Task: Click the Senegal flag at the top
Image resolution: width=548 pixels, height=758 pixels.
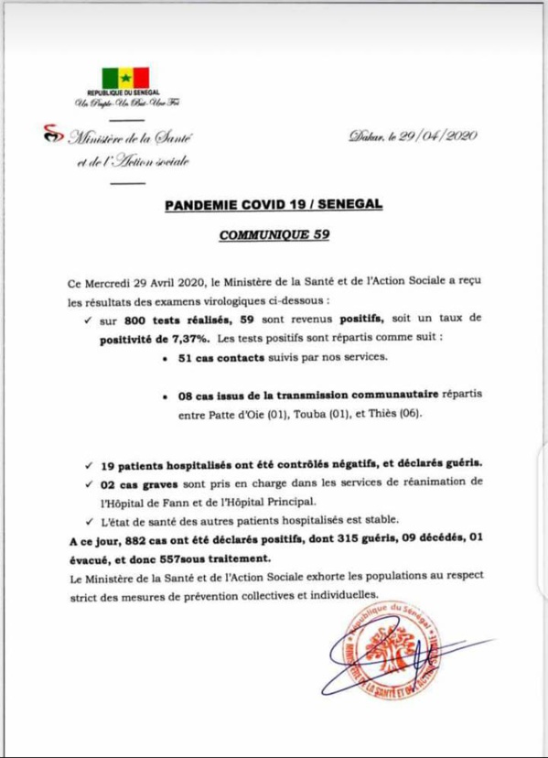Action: (125, 78)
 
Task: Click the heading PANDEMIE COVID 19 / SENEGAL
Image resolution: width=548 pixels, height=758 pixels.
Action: (274, 207)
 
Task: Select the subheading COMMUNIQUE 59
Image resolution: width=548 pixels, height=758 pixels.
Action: (274, 234)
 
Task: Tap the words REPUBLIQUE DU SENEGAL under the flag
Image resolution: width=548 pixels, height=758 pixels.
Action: (124, 94)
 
